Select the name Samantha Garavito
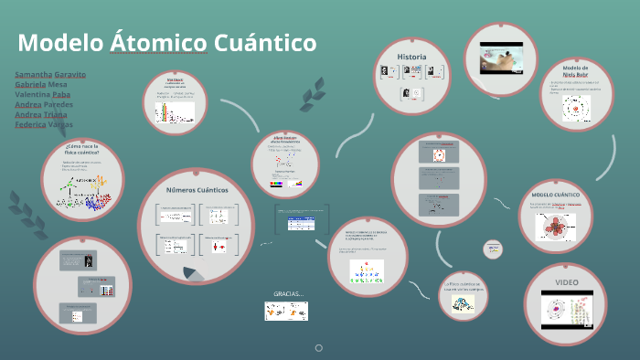50,74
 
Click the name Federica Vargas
44,124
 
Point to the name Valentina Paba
43,94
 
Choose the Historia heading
411,57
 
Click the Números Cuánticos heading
197,189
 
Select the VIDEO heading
568,281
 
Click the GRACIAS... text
287,293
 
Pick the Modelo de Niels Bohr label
575,72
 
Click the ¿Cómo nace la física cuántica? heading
81,150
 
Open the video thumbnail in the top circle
502,59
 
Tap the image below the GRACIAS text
286,311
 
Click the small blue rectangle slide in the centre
302,219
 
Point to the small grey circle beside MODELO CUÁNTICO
493,248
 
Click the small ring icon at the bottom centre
319,348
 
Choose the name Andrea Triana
42,114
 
